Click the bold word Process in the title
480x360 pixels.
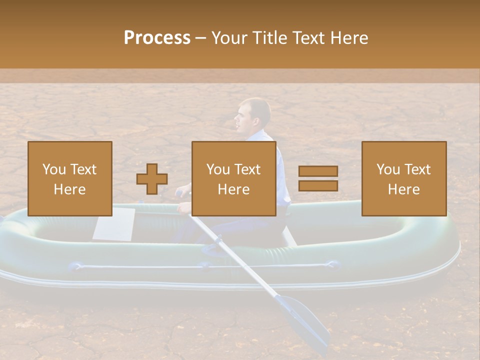(x=157, y=38)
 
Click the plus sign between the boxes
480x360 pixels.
(x=152, y=178)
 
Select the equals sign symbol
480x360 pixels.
(x=318, y=178)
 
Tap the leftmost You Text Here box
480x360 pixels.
(x=70, y=178)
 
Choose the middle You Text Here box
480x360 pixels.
(x=234, y=178)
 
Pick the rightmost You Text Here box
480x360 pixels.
(x=404, y=178)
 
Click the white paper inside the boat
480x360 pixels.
(x=114, y=223)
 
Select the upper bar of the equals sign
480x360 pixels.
(x=318, y=171)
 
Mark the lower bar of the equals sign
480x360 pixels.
(x=318, y=185)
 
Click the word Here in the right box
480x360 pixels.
(x=404, y=189)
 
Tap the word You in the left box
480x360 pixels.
(x=54, y=169)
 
